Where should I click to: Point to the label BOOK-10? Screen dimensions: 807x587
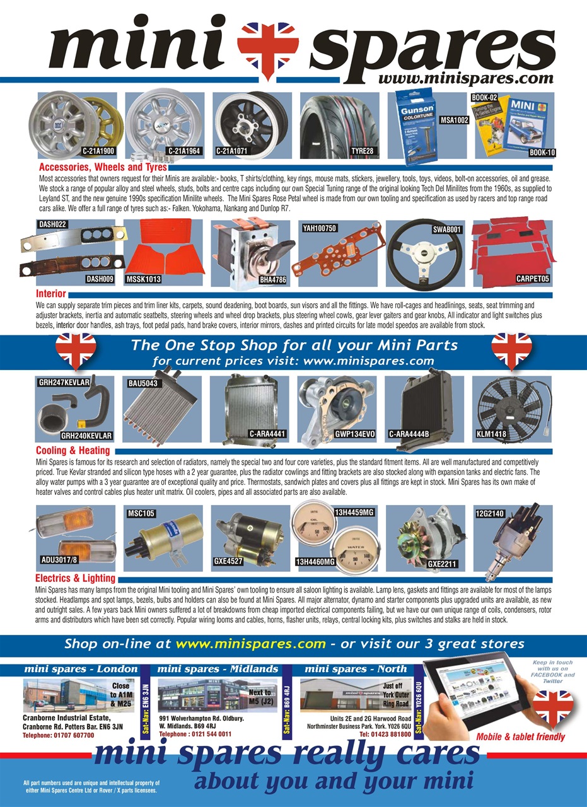pos(542,153)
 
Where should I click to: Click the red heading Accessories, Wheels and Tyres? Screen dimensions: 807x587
pos(103,168)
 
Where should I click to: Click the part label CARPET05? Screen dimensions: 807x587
pos(533,278)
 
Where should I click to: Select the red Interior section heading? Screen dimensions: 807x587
pos(51,294)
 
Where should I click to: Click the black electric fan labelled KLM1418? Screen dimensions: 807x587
pos(512,406)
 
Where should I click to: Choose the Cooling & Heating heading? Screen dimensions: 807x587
pos(73,451)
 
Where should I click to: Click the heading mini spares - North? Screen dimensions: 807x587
pos(356,668)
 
